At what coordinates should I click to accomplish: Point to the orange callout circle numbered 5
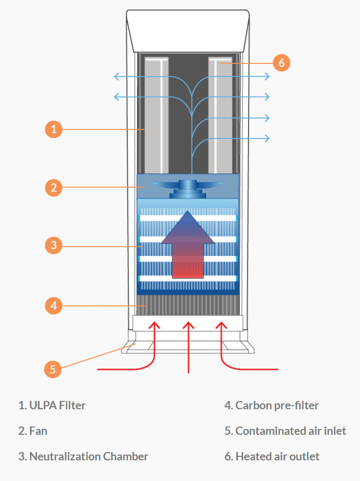(x=53, y=368)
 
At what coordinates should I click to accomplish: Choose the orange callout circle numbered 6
(x=281, y=63)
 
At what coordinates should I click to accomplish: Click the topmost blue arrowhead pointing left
(x=116, y=76)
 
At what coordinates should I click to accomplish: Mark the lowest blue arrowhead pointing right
(x=267, y=138)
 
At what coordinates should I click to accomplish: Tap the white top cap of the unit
(x=189, y=29)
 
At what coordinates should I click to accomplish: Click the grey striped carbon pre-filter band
(x=189, y=305)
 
